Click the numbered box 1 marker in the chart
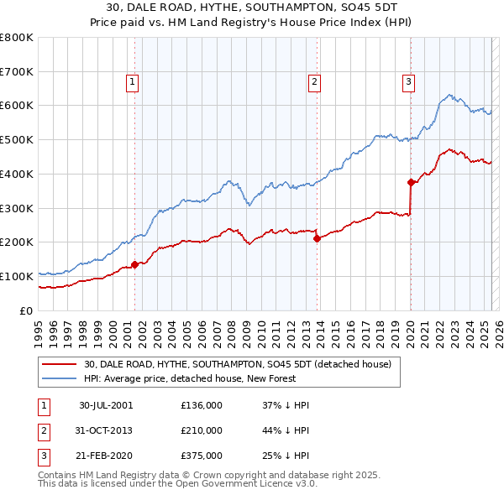pyautogui.click(x=134, y=82)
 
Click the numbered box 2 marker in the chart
pyautogui.click(x=314, y=82)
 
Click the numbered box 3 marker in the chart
pyautogui.click(x=408, y=82)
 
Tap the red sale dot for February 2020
pyautogui.click(x=411, y=182)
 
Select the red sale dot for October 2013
pyautogui.click(x=318, y=238)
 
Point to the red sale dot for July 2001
pyautogui.click(x=135, y=264)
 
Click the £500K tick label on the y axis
pyautogui.click(x=17, y=140)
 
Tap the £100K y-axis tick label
pyautogui.click(x=17, y=276)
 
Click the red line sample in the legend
pyautogui.click(x=60, y=364)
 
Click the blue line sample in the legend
pyautogui.click(x=60, y=378)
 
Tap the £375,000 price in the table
pyautogui.click(x=202, y=456)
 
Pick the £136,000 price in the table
pyautogui.click(x=202, y=405)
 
